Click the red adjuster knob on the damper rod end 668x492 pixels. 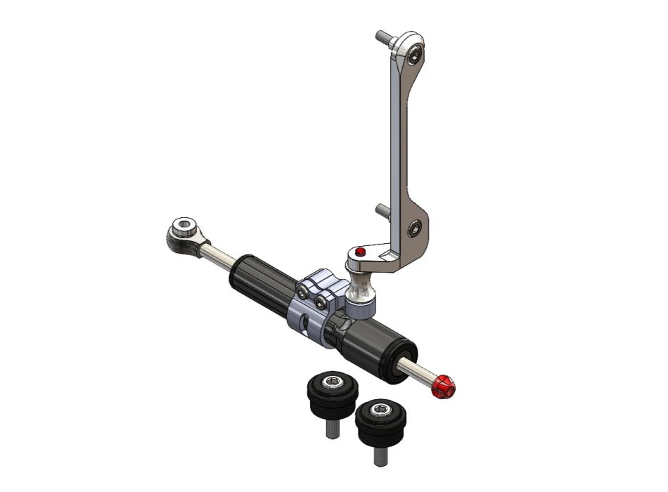pyautogui.click(x=443, y=386)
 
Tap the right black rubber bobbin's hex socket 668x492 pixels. pyautogui.click(x=381, y=410)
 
